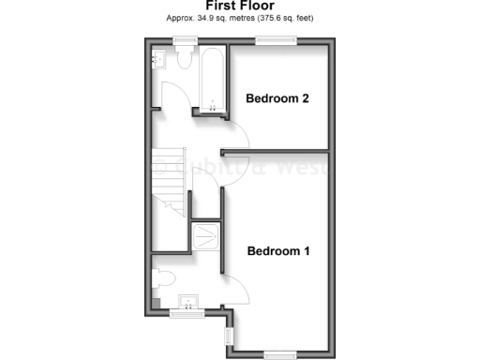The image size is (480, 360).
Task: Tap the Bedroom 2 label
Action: point(277,98)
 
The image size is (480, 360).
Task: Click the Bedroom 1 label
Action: point(278,251)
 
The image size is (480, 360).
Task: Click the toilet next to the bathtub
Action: point(183,60)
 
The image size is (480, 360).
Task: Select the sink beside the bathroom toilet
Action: point(158,60)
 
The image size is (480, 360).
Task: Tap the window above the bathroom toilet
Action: point(184,39)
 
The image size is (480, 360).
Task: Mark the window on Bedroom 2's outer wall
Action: point(276,39)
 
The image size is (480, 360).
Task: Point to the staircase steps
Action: point(169,183)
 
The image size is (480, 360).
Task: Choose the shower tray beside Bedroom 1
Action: point(205,234)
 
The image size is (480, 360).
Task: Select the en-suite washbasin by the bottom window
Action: point(189,302)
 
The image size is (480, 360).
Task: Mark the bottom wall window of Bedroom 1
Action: point(278,353)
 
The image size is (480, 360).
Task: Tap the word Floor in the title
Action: point(257,6)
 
